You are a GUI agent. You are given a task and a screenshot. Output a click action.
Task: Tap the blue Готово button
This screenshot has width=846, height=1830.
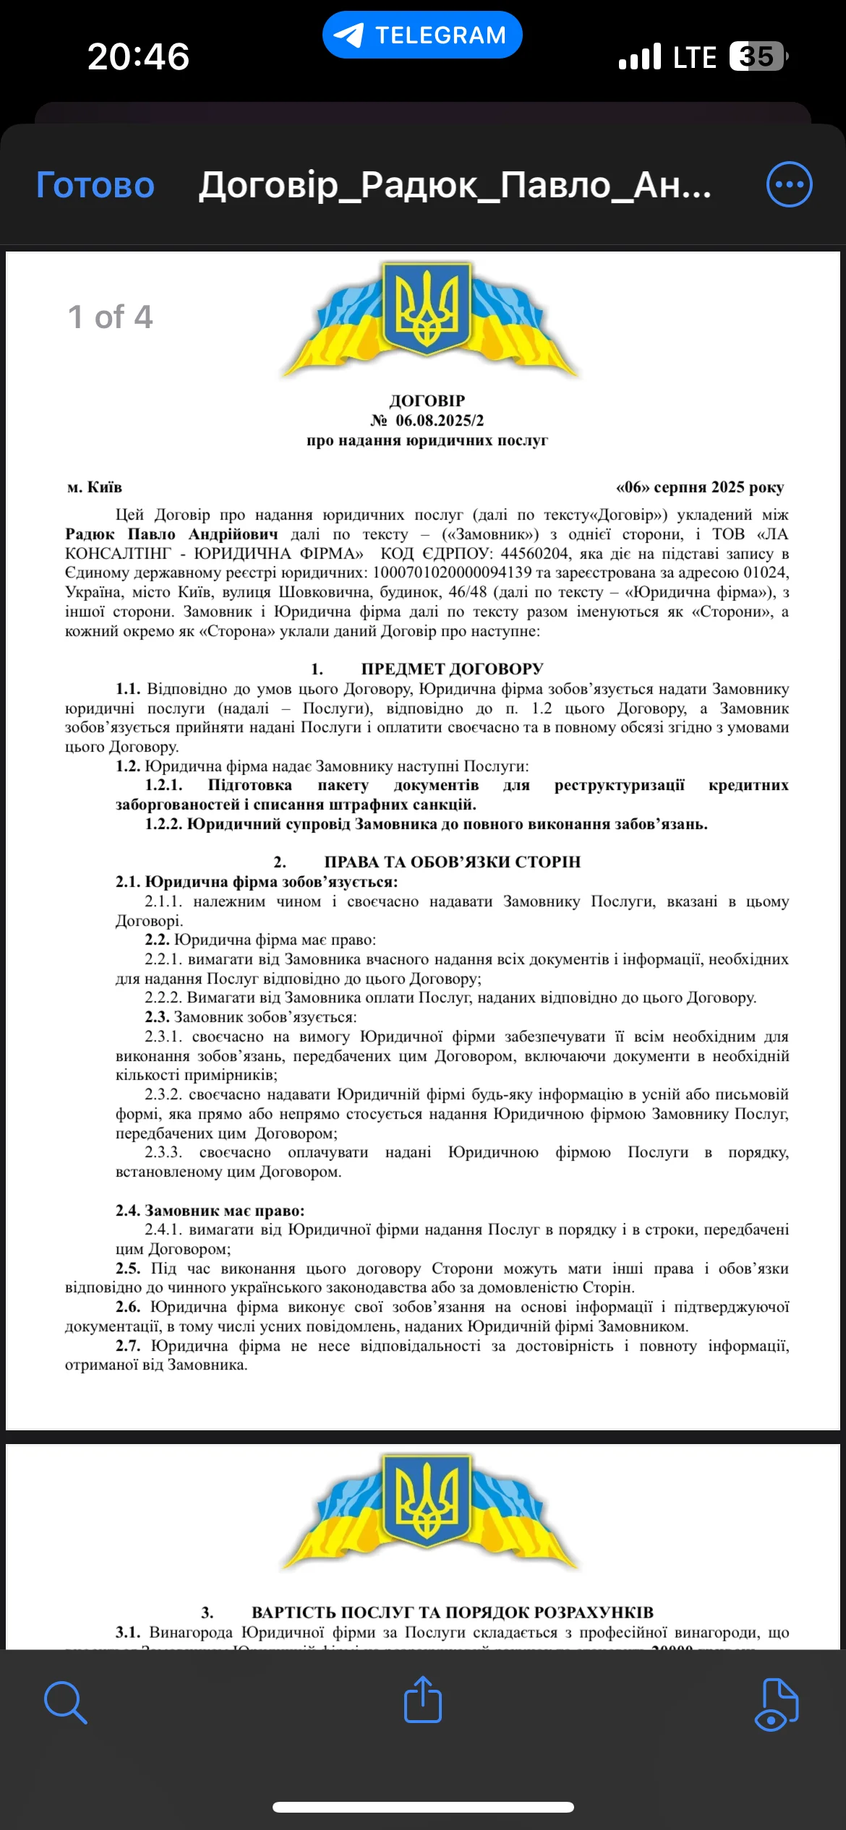click(95, 185)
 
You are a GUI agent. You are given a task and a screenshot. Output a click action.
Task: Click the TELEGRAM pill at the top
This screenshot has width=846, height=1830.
click(422, 35)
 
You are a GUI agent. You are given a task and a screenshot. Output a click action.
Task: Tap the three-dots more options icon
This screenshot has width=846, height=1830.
click(789, 184)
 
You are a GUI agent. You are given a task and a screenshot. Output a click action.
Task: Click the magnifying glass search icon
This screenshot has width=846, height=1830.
click(65, 1702)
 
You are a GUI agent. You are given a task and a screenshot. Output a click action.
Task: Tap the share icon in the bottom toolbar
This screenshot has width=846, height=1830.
click(423, 1699)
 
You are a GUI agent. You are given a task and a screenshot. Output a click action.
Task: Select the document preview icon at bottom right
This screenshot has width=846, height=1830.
click(777, 1704)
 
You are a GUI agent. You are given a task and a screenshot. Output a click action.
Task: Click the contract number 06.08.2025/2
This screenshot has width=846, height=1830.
click(439, 421)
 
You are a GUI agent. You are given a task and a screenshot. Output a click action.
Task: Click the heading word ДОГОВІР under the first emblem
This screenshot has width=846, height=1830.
click(427, 400)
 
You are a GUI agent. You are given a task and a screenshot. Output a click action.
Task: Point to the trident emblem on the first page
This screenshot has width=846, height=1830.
click(427, 309)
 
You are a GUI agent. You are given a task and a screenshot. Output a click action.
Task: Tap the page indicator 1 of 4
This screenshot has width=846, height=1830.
click(111, 317)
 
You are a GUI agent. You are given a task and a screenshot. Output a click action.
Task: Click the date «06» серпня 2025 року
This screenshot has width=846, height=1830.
click(699, 487)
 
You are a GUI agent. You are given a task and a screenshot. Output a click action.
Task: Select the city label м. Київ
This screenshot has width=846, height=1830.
click(95, 487)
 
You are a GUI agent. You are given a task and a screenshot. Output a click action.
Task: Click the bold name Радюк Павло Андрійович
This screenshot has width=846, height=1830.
click(171, 534)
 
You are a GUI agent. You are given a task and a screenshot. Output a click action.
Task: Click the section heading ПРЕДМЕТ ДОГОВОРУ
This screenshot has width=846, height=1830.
click(452, 669)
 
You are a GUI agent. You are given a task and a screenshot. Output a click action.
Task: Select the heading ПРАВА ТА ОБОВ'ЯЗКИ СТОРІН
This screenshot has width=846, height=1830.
click(452, 862)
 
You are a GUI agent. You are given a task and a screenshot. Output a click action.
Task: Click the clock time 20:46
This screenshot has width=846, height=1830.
click(138, 56)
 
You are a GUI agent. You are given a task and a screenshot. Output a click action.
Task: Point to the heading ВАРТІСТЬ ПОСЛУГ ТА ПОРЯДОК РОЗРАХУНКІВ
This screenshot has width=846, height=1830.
click(452, 1612)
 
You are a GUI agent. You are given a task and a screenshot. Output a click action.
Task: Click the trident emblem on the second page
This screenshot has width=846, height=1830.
click(427, 1501)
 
